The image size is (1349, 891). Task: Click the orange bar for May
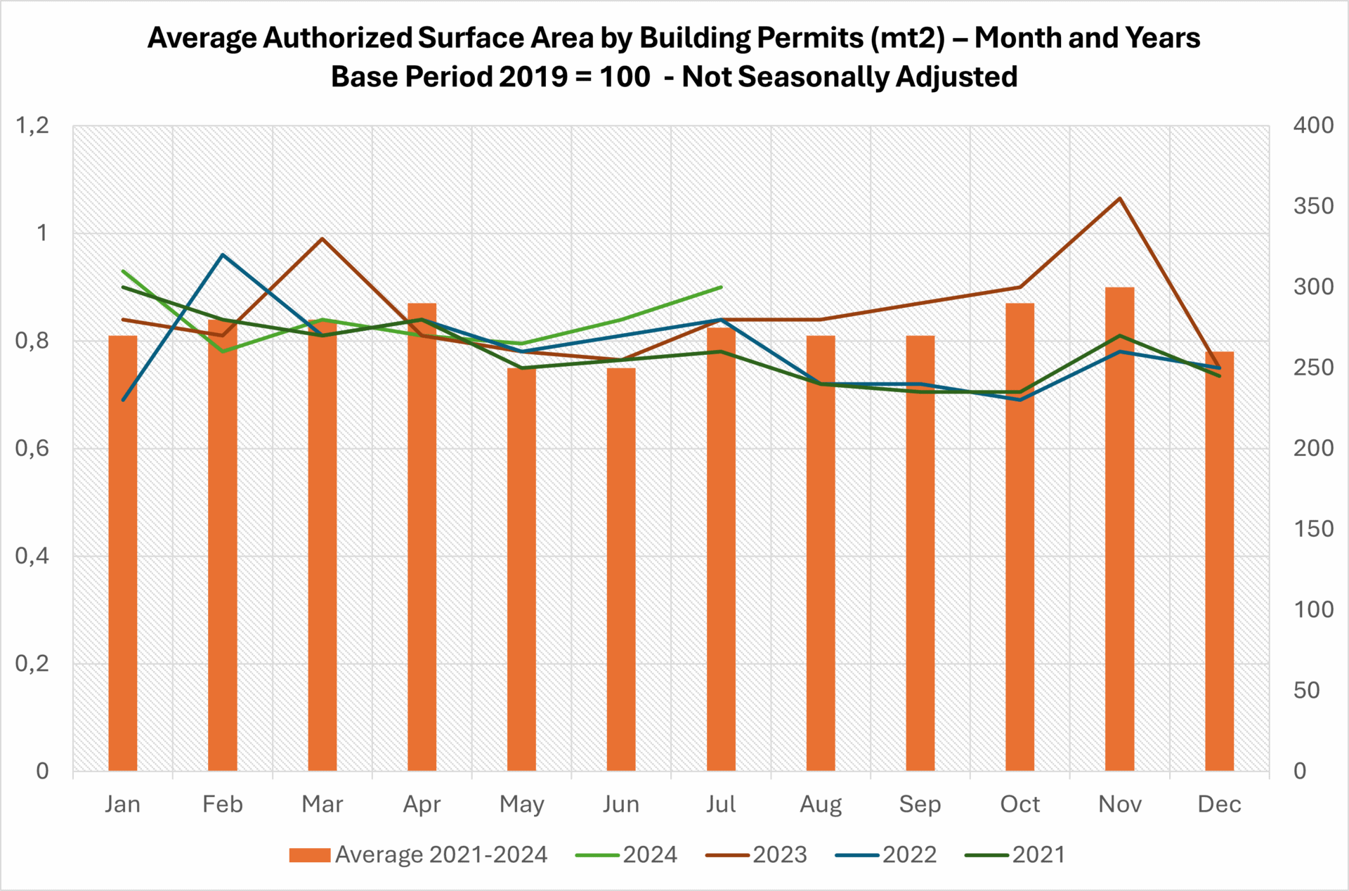point(521,569)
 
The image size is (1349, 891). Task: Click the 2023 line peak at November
point(1120,198)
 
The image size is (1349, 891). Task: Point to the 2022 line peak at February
point(223,254)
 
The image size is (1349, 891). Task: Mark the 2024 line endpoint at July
point(721,287)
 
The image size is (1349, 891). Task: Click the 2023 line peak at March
point(322,239)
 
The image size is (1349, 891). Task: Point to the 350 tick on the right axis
point(1313,206)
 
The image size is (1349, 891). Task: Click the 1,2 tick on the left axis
point(32,125)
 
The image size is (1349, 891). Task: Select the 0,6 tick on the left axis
point(32,448)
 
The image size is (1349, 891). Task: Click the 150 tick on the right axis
point(1313,529)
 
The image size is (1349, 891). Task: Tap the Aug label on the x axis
point(821,804)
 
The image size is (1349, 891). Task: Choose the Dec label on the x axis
point(1219,804)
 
